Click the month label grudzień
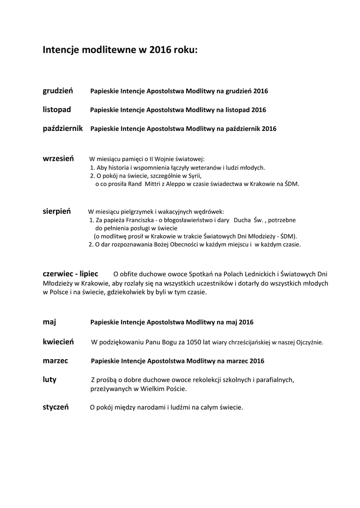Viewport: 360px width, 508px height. (58, 91)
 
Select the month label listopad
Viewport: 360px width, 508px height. (57, 109)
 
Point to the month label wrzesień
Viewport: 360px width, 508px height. (58, 158)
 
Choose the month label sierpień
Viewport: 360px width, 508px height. (57, 211)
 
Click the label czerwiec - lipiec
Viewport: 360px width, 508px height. (70, 273)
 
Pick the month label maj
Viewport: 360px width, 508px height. (49, 321)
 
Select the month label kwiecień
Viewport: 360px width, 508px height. (58, 341)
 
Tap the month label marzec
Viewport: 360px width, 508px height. (55, 360)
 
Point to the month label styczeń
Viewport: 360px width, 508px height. (56, 407)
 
